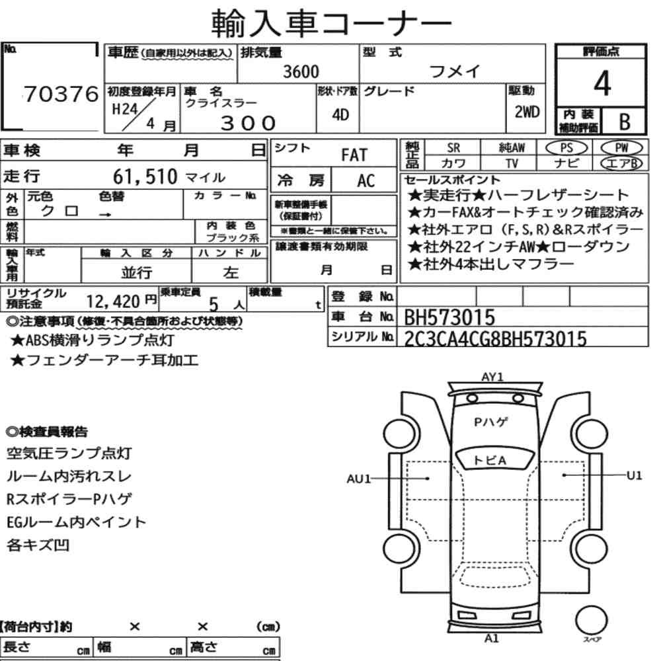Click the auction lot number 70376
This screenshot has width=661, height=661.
(x=61, y=94)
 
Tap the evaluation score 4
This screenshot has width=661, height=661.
(x=602, y=83)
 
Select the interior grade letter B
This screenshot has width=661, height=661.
(x=625, y=122)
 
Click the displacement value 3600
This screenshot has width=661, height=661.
(x=301, y=71)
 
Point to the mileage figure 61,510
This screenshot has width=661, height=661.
(x=145, y=176)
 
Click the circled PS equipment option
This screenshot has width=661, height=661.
(x=566, y=148)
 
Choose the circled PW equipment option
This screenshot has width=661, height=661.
(x=621, y=147)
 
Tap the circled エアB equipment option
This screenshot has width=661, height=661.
(x=621, y=163)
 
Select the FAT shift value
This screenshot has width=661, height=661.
(x=354, y=155)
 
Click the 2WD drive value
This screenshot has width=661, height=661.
(x=527, y=112)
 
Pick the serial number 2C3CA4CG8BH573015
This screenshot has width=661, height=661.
(x=495, y=338)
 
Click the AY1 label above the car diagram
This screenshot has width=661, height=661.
(x=492, y=377)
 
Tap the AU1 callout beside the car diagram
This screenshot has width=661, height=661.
(x=358, y=479)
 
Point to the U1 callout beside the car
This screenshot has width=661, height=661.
(x=634, y=475)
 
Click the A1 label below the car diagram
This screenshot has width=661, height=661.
(x=492, y=639)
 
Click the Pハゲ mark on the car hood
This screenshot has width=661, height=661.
(x=491, y=422)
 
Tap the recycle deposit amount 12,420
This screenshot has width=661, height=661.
(x=113, y=301)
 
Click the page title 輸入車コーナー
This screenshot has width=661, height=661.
(x=331, y=22)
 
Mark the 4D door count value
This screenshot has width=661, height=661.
(x=340, y=114)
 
